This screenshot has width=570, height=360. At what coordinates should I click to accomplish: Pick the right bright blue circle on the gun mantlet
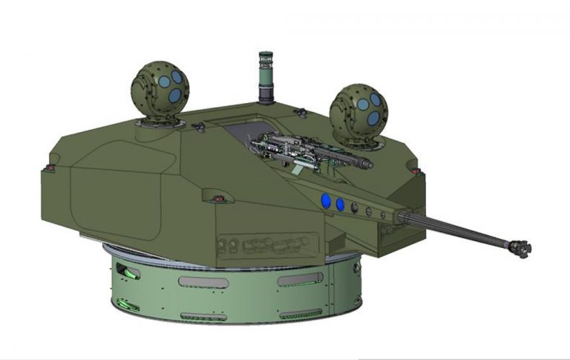pyautogui.click(x=341, y=203)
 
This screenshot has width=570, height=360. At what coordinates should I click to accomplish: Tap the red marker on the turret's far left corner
pyautogui.click(x=50, y=168)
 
